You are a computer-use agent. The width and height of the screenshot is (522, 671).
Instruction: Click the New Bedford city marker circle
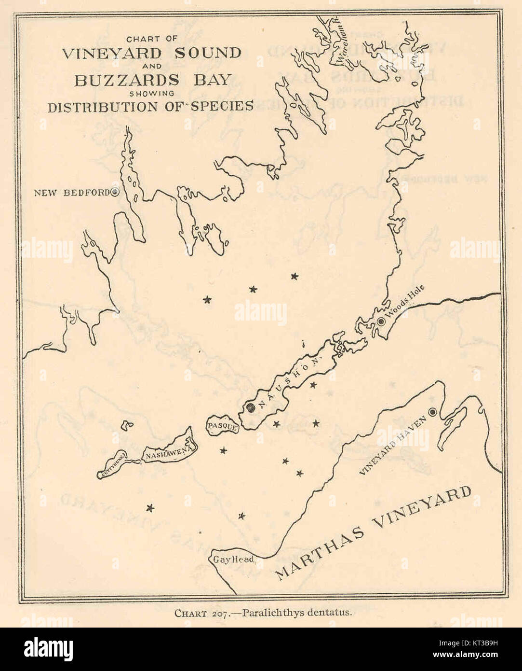[x=115, y=192]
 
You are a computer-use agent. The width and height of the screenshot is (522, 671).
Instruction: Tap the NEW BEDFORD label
[x=72, y=193]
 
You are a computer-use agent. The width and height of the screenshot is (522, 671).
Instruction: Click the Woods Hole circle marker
[x=381, y=322]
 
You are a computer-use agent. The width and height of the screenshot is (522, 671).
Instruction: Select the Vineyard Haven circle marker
[x=432, y=412]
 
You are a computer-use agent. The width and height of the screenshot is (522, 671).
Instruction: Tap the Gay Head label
[x=234, y=559]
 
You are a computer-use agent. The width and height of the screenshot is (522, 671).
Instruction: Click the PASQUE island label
[x=222, y=427]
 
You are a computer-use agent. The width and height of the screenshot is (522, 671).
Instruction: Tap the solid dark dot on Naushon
[x=250, y=407]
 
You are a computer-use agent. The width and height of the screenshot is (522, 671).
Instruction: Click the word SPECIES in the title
[x=222, y=106]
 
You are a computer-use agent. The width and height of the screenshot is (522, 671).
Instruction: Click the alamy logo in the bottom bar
[x=48, y=649]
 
